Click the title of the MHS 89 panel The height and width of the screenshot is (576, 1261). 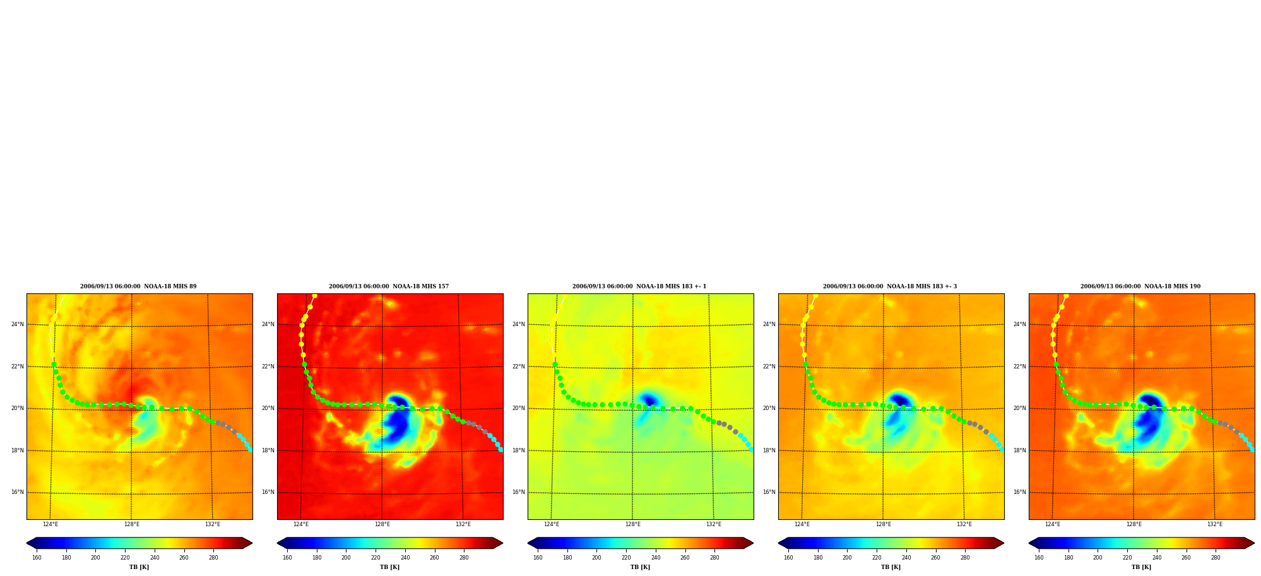(x=138, y=286)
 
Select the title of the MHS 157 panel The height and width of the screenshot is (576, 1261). (x=389, y=286)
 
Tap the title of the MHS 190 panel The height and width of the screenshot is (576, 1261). (x=1140, y=286)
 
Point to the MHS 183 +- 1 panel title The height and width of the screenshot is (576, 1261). (x=639, y=286)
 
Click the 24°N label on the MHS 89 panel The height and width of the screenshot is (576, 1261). (x=17, y=324)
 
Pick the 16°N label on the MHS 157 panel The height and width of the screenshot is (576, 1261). (x=268, y=492)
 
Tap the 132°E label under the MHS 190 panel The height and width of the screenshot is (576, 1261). (x=1215, y=524)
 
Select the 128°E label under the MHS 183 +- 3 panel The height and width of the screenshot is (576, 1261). (x=883, y=524)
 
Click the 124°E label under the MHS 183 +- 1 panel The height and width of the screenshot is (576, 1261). (x=551, y=524)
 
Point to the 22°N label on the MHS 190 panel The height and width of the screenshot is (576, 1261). (x=1019, y=367)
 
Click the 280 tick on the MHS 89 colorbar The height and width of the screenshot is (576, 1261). (x=213, y=558)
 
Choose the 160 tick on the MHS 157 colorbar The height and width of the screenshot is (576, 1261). (x=287, y=558)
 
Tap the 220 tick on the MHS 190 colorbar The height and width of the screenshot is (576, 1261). (x=1127, y=558)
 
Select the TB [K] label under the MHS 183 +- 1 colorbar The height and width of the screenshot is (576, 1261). (x=640, y=567)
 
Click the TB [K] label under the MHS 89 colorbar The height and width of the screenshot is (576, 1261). (x=139, y=567)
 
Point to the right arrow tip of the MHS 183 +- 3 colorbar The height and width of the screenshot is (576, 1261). (x=1003, y=543)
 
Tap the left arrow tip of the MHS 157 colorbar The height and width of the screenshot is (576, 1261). (x=278, y=543)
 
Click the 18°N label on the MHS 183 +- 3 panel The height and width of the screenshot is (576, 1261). (x=769, y=450)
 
